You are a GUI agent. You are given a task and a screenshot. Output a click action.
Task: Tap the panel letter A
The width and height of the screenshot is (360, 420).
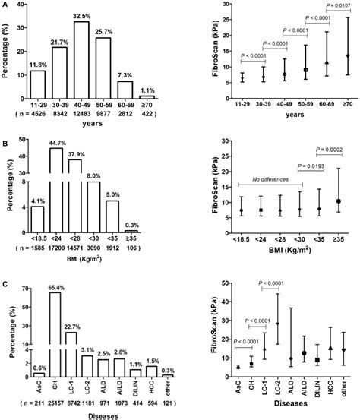tap(5, 5)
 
